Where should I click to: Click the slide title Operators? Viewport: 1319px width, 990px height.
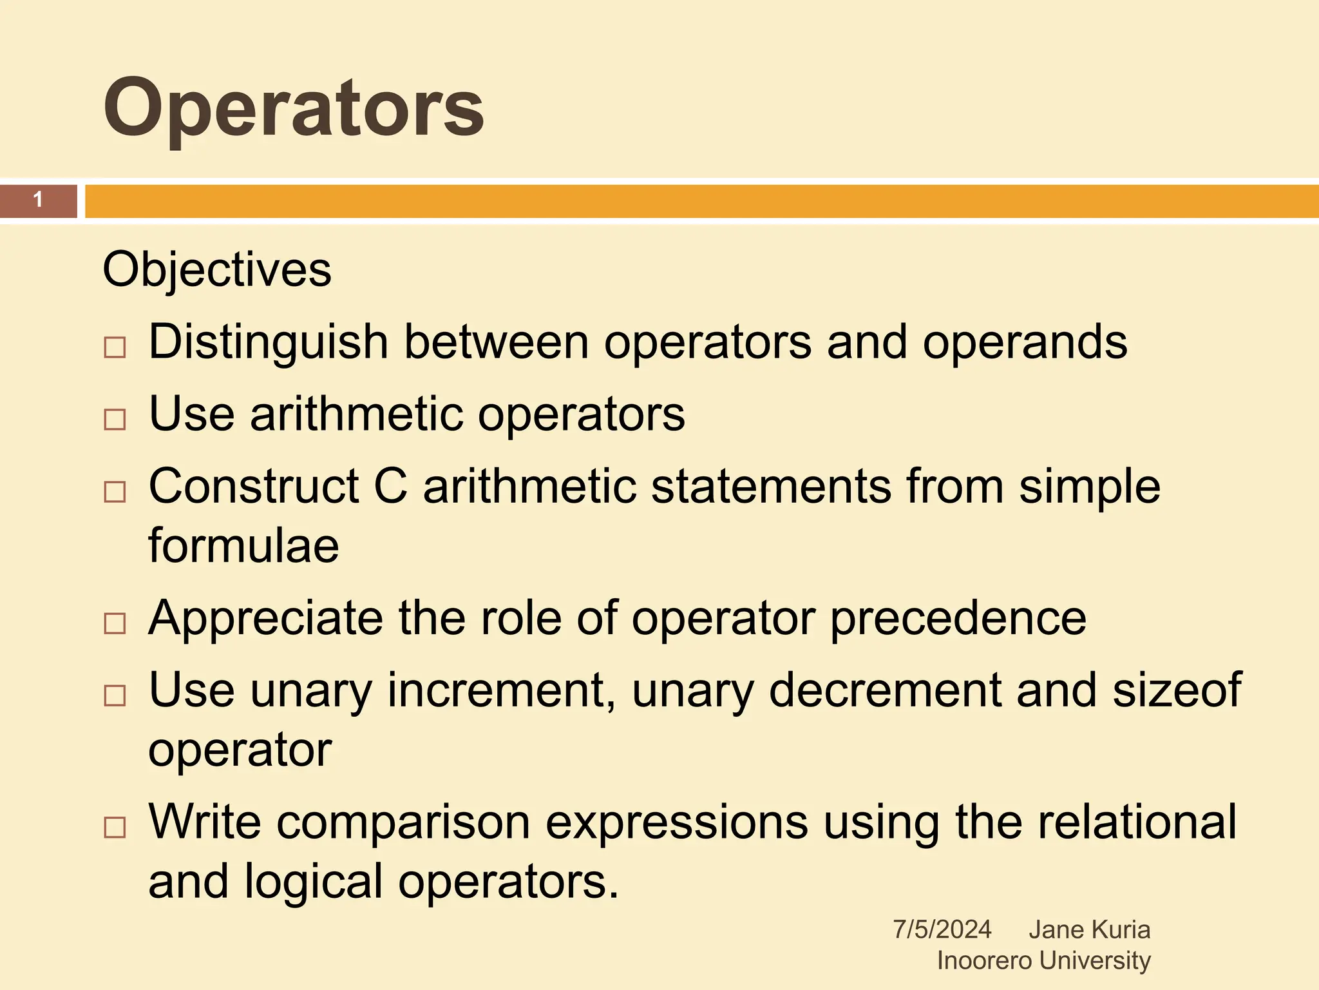tap(293, 108)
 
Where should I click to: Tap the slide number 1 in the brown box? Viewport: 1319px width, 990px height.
tap(38, 200)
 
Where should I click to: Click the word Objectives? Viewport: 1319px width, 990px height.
tap(217, 269)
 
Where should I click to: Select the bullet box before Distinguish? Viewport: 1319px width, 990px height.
tap(115, 348)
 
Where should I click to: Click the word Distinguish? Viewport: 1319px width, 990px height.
tap(268, 342)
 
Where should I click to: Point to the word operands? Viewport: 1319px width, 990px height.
tap(1025, 342)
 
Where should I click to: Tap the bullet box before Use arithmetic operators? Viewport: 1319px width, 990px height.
tap(115, 420)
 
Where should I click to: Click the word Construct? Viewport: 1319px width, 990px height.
tap(253, 486)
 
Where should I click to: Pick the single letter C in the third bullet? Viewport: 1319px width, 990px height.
tap(391, 486)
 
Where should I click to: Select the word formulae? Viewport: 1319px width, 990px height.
tap(243, 546)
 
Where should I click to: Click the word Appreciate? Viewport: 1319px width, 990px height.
tap(265, 618)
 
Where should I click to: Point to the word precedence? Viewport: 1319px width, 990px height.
tap(958, 618)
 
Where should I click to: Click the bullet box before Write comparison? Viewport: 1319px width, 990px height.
tap(115, 828)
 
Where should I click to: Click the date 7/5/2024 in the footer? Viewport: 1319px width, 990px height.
tap(942, 929)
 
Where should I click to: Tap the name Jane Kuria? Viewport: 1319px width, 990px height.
tap(1089, 929)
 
